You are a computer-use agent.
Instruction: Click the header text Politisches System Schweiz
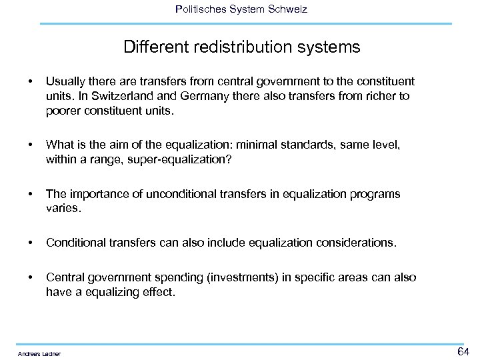[241, 9]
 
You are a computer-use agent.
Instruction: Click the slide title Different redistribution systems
[241, 47]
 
